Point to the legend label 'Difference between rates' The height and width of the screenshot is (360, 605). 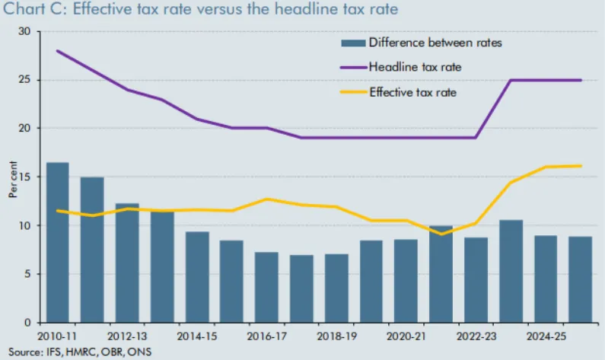[x=435, y=42]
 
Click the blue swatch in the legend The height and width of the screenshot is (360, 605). [x=353, y=42]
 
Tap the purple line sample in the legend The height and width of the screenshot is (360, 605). [x=353, y=67]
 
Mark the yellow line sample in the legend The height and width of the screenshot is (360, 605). [x=353, y=92]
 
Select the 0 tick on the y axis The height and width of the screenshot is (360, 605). [x=27, y=322]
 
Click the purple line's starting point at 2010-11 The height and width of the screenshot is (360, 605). [x=57, y=51]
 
